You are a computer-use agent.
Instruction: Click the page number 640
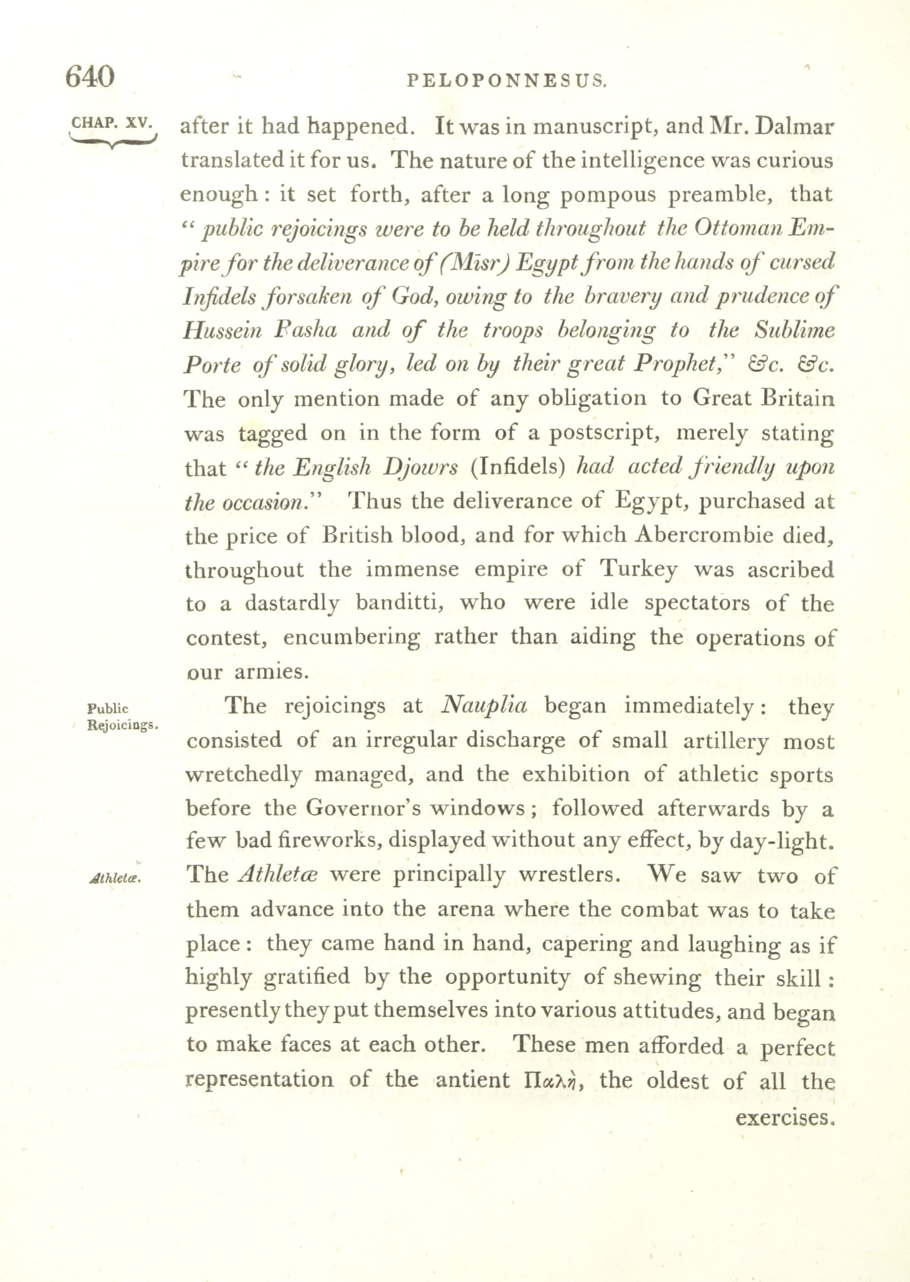[90, 76]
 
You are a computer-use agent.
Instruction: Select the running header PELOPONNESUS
[506, 82]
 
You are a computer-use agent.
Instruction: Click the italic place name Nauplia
[484, 706]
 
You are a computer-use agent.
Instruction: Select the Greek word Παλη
[554, 1080]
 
